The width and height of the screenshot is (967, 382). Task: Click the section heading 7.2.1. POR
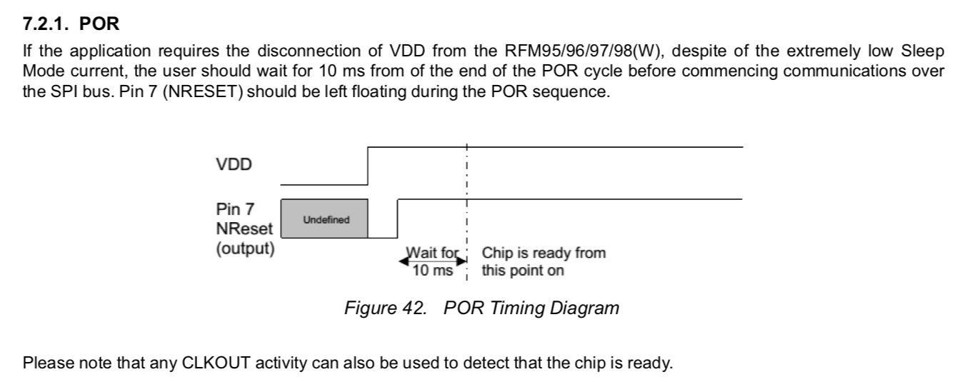(x=71, y=24)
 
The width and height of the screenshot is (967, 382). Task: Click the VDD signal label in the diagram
(x=234, y=165)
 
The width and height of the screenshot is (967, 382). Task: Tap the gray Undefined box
(x=326, y=219)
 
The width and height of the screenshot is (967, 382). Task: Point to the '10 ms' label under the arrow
(x=433, y=271)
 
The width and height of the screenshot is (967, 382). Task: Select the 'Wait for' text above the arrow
(x=432, y=253)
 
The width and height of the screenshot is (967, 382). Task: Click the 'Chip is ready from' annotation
(x=543, y=253)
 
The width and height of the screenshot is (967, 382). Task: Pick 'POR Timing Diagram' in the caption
(x=531, y=308)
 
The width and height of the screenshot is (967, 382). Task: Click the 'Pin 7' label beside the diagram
(x=234, y=209)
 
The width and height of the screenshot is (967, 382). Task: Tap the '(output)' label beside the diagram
(x=245, y=251)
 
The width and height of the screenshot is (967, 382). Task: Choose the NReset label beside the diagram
(x=244, y=230)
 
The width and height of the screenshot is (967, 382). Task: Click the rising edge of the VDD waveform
(x=367, y=165)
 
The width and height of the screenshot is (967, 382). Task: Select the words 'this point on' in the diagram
(x=523, y=271)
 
